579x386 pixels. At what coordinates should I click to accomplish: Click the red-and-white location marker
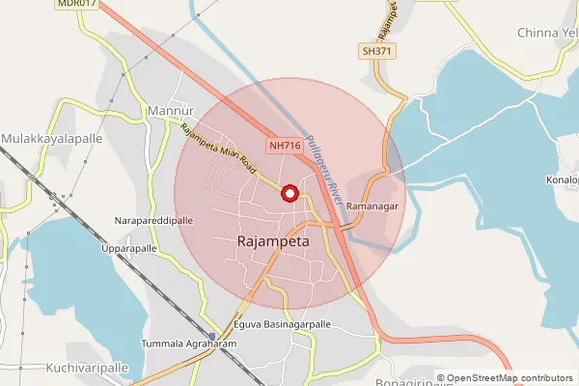(289, 193)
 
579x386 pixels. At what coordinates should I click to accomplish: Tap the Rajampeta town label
(272, 242)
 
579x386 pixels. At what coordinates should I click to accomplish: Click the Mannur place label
(172, 112)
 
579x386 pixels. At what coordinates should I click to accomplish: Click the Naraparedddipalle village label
(153, 220)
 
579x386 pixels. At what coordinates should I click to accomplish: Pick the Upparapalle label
(129, 248)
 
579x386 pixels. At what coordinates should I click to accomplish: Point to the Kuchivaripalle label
(87, 368)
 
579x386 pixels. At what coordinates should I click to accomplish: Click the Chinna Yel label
(546, 33)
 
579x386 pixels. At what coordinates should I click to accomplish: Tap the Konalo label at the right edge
(562, 180)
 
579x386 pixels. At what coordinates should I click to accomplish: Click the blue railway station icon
(211, 337)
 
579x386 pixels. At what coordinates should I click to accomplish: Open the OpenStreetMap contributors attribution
(509, 377)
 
